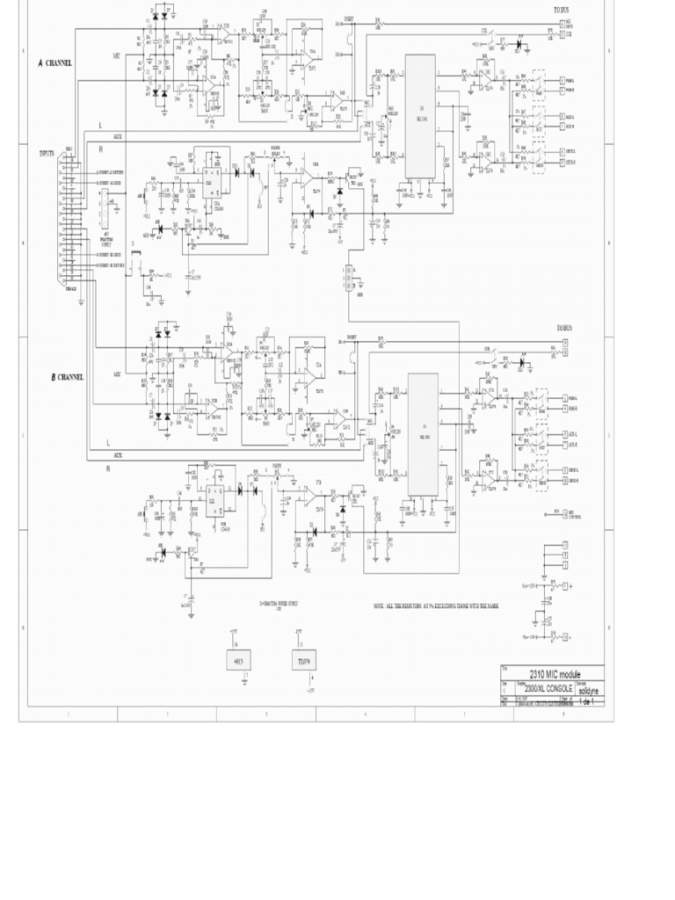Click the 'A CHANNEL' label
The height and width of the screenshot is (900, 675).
[x=54, y=63]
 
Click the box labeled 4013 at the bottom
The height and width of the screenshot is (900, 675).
[x=238, y=659]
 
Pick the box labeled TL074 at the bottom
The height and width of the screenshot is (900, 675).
[x=304, y=659]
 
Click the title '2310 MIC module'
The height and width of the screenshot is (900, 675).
[x=551, y=672]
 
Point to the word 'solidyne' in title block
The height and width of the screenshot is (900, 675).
[x=590, y=691]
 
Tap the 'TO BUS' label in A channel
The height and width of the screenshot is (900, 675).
[x=562, y=11]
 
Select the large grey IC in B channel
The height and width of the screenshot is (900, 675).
[x=422, y=434]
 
